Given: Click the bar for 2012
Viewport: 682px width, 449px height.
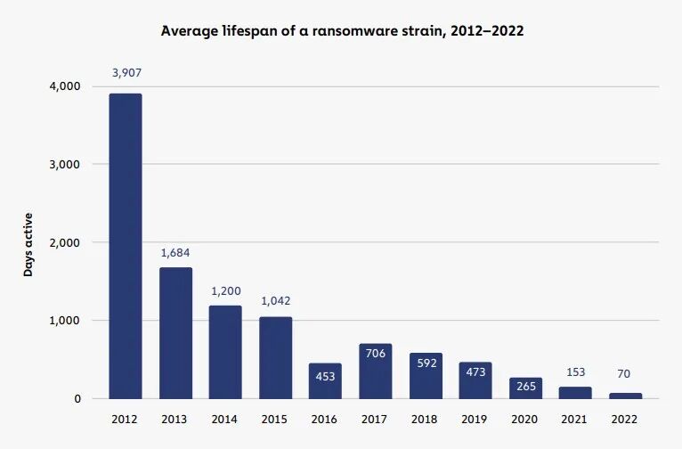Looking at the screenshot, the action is [x=126, y=246].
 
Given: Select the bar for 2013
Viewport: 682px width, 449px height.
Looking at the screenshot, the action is [x=175, y=333].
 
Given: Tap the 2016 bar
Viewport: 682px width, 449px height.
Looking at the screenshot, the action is [x=325, y=381].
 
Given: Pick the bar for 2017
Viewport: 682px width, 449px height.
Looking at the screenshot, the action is [x=376, y=371].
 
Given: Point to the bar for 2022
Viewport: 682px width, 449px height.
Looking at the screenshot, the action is [x=625, y=396].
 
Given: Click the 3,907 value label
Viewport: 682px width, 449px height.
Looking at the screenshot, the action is [x=127, y=73].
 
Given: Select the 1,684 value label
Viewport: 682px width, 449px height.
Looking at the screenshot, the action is [x=175, y=253].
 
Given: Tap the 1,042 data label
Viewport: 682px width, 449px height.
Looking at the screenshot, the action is [x=276, y=301].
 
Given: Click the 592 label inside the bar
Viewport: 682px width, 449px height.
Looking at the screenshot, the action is [x=426, y=363].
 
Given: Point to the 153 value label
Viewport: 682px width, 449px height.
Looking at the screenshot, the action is [x=576, y=372].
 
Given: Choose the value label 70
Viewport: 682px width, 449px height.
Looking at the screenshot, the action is [x=624, y=374].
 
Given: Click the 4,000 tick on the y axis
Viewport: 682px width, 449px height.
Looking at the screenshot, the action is [x=65, y=86].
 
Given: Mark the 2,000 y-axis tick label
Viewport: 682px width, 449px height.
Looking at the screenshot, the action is [x=65, y=243].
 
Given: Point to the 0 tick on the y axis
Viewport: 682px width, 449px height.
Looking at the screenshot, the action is [x=77, y=399].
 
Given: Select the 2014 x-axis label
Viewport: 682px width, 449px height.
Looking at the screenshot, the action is [x=224, y=420].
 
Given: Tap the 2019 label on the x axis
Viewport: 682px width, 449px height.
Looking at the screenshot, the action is [x=474, y=420].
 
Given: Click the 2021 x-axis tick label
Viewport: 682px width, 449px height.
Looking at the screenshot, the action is [x=574, y=420].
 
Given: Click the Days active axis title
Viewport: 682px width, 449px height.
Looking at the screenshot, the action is [x=28, y=245].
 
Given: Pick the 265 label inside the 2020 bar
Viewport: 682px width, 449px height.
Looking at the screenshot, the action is [x=526, y=387].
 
